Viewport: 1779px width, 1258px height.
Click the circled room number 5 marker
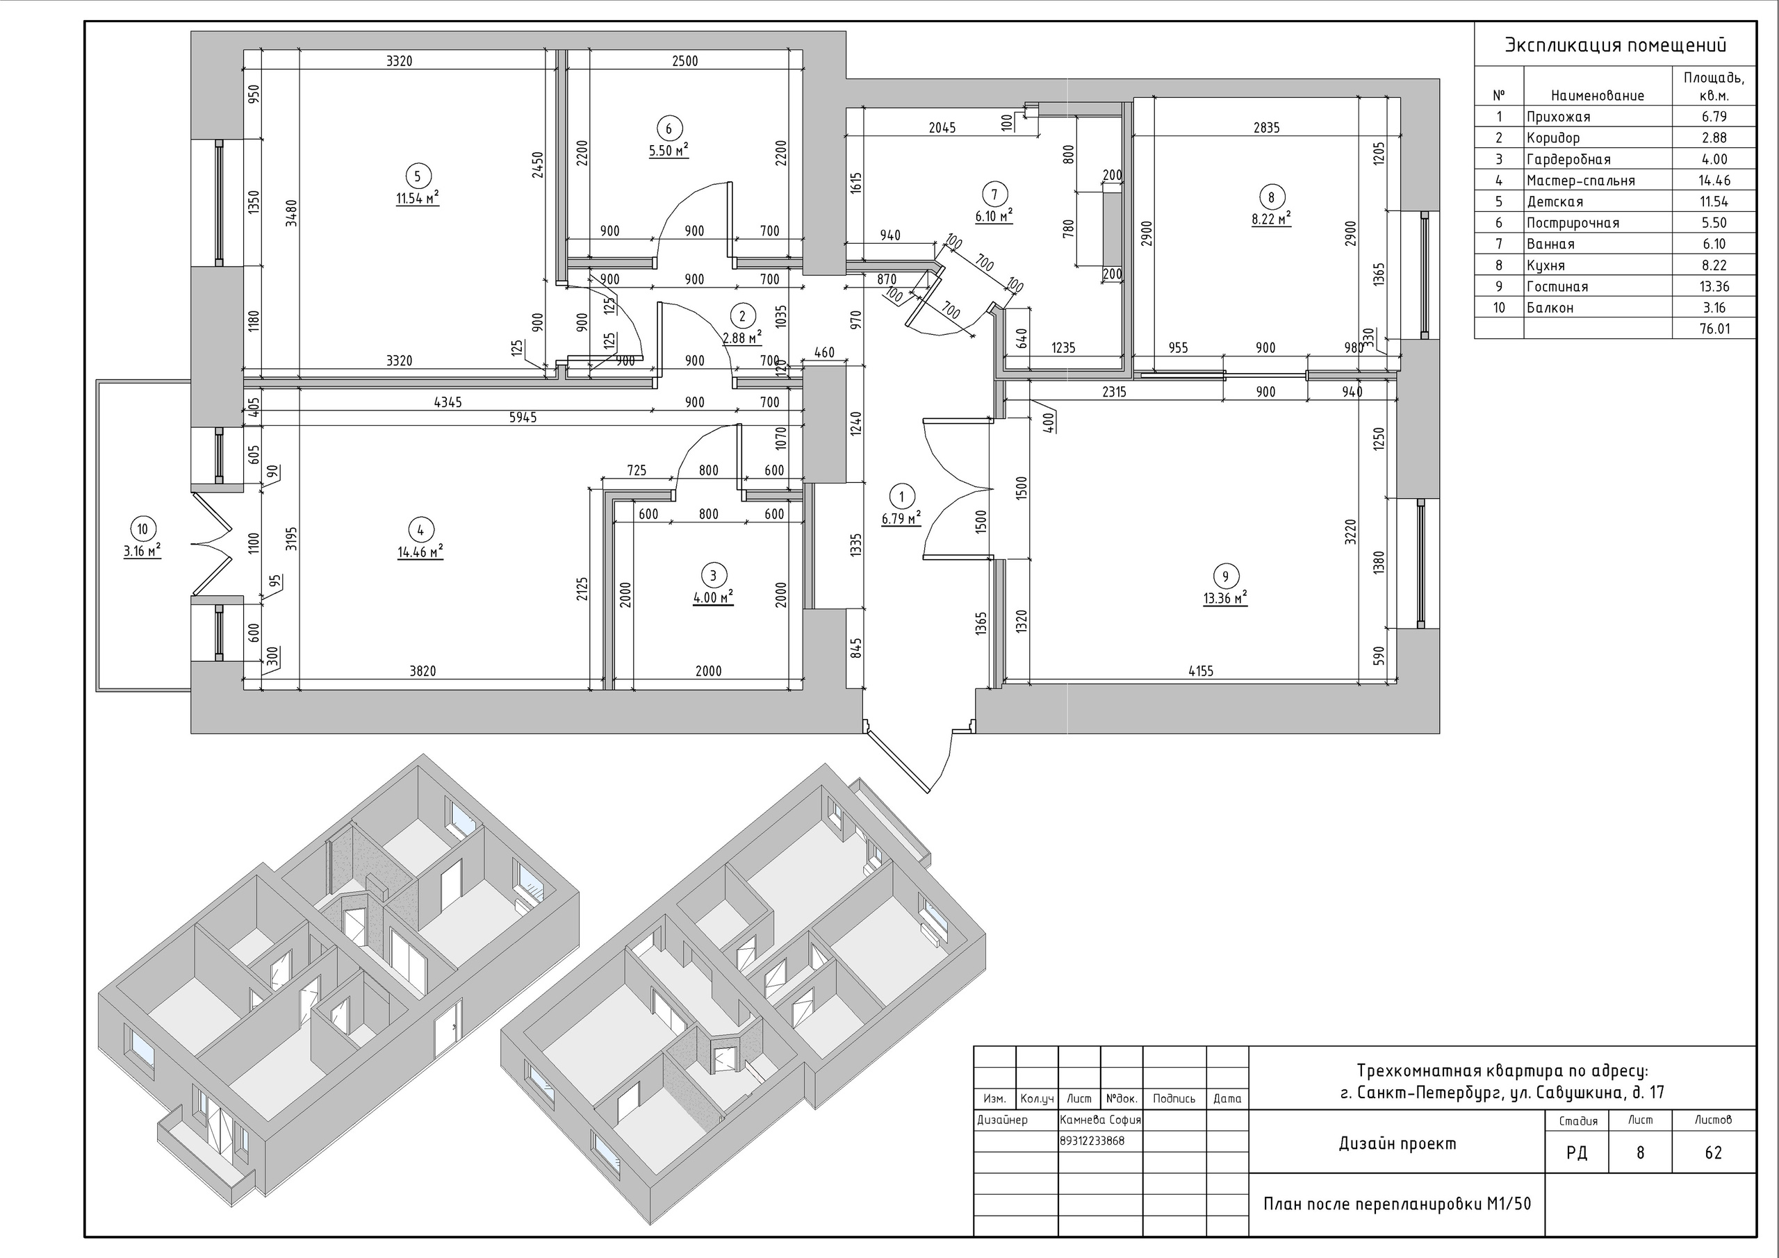coord(418,176)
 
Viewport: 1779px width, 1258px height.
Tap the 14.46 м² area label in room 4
coord(420,552)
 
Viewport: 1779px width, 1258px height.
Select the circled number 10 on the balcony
coord(142,529)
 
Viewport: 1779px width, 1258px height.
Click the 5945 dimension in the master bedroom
coord(523,417)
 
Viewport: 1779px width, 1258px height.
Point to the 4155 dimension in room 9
coord(1200,671)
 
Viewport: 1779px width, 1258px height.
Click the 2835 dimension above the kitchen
coord(1266,128)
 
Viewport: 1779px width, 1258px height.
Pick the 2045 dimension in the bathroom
coord(942,128)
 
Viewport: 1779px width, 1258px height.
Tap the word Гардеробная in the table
coord(1568,159)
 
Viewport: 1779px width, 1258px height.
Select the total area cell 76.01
coord(1714,329)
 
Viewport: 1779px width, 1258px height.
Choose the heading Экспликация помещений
coord(1616,45)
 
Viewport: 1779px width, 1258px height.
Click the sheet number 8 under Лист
coord(1640,1152)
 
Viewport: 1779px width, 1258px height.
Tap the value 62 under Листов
coord(1713,1152)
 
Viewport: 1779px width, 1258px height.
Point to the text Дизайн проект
coord(1397,1143)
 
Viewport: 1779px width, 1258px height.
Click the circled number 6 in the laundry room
coord(669,129)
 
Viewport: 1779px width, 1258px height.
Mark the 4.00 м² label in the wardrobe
coord(713,598)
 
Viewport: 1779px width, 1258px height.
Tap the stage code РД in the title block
coord(1577,1152)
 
